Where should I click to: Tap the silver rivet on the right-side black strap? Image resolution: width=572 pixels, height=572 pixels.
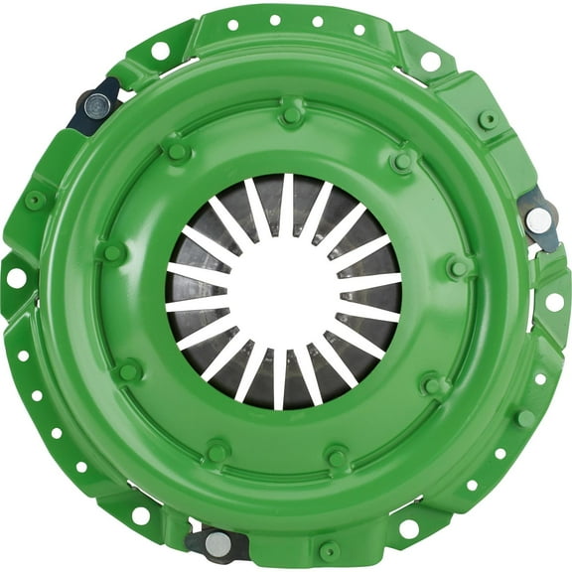[x=537, y=220]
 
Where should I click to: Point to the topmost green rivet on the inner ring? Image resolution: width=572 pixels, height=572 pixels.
[x=291, y=114]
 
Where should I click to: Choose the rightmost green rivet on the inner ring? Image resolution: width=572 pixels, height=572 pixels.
[x=458, y=267]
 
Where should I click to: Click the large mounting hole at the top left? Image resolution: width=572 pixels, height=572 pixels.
[x=160, y=50]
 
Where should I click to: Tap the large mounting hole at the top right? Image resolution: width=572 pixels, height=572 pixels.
[x=430, y=62]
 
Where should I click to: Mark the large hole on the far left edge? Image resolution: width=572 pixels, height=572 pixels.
[x=16, y=277]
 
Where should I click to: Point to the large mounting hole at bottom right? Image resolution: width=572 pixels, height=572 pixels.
[x=409, y=528]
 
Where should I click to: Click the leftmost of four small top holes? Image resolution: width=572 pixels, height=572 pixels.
[x=232, y=25]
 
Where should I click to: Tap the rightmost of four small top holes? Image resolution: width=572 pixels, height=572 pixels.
[x=359, y=29]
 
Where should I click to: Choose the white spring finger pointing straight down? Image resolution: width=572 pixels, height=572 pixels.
[x=280, y=378]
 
